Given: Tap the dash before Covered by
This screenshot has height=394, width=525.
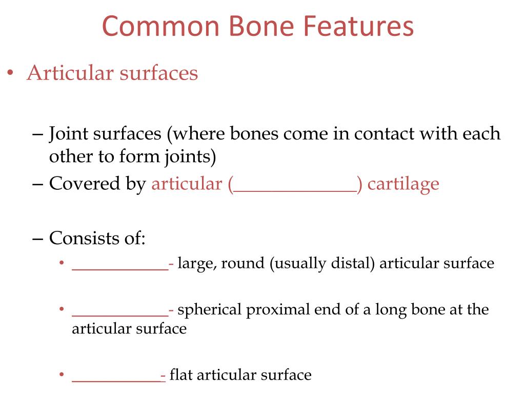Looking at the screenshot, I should [x=38, y=184].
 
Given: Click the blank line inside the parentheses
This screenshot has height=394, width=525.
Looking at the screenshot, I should [x=295, y=189].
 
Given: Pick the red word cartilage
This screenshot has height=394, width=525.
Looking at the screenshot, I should [x=403, y=184].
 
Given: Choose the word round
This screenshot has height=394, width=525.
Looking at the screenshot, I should [x=244, y=264].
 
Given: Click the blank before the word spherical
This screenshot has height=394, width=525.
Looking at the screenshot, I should [x=120, y=314].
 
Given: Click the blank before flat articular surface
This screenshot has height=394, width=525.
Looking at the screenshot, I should [x=116, y=380].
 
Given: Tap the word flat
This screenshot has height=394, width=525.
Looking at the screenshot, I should [x=180, y=375].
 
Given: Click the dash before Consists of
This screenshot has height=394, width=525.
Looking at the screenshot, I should [x=38, y=239].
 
